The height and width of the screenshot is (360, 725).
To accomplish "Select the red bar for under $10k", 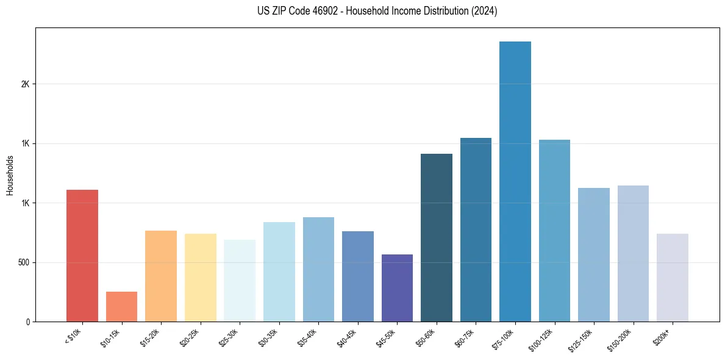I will pyautogui.click(x=82, y=256).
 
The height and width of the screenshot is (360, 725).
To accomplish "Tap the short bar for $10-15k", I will pyautogui.click(x=121, y=306).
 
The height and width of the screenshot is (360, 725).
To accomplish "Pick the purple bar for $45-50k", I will pyautogui.click(x=397, y=288).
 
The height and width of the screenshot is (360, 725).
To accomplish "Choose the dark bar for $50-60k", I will pyautogui.click(x=437, y=237).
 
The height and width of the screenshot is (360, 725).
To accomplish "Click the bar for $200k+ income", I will pyautogui.click(x=672, y=278).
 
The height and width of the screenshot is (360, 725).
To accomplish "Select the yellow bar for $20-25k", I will pyautogui.click(x=201, y=278).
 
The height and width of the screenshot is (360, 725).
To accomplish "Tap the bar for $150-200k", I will pyautogui.click(x=633, y=253).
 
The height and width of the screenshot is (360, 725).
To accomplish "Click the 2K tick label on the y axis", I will pyautogui.click(x=26, y=84).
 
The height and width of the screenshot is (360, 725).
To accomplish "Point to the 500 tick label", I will pyautogui.click(x=23, y=262).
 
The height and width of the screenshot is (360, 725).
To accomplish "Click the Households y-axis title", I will pyautogui.click(x=10, y=175).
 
